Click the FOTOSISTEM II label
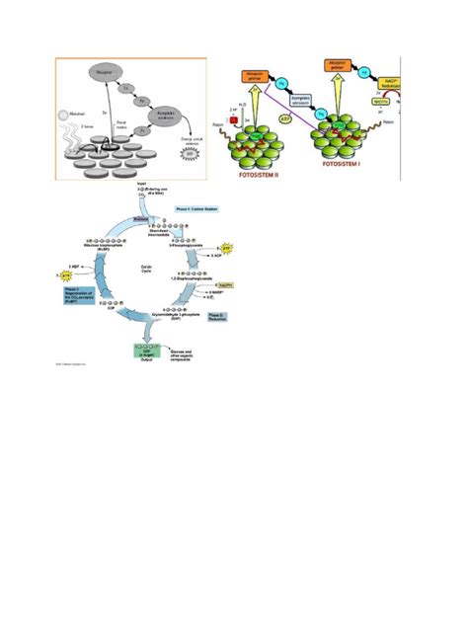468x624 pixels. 255,173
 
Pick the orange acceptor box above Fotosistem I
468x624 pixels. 334,68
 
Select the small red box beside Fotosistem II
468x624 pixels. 233,120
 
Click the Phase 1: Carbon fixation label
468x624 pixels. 197,209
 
